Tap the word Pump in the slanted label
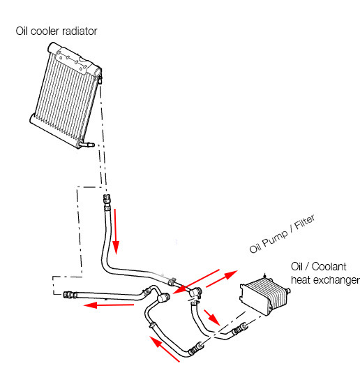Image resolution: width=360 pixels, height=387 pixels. [x=274, y=239]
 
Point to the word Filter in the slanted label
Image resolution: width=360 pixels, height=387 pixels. [x=305, y=222]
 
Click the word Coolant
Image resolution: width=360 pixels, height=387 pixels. [x=329, y=267]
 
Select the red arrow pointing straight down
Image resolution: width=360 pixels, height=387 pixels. [x=116, y=231]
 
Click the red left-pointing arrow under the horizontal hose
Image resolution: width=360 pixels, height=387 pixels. [x=109, y=305]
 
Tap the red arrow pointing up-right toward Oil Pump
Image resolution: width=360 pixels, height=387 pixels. [x=221, y=279]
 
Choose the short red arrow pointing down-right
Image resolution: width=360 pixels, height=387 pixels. [x=212, y=318]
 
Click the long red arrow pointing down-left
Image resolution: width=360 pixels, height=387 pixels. [x=196, y=282]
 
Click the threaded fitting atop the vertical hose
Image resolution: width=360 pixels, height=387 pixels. [x=107, y=198]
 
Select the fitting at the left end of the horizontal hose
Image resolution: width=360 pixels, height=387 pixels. [x=69, y=295]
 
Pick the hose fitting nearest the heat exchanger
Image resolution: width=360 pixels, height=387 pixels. [x=240, y=329]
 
